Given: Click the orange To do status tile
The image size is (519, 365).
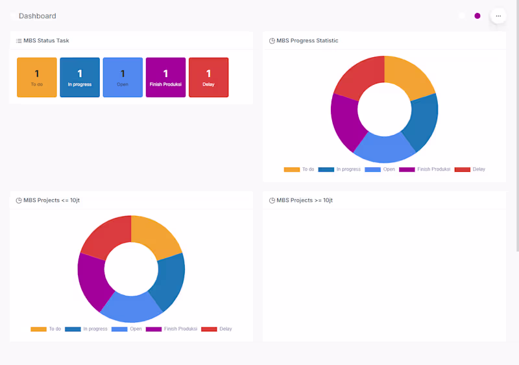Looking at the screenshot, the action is coord(37,77).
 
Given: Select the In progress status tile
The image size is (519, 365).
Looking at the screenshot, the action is coord(80,77).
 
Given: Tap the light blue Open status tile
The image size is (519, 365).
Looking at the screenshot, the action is coord(123,77).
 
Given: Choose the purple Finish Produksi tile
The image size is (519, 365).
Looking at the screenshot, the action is coord(165,77).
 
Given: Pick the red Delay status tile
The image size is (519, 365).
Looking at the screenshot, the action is coord(208,77).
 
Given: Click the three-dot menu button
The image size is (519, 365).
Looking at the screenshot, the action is coord(498,16).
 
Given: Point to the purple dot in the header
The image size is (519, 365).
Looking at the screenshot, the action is coord(477,16).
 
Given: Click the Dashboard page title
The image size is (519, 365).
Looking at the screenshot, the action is coord(38,16).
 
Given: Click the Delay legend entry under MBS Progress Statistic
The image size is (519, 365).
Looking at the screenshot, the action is coord(470,169).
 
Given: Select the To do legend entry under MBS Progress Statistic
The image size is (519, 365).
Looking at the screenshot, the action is coord(299,169).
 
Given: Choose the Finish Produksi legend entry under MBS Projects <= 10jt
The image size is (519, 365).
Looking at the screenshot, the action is coord(171,329).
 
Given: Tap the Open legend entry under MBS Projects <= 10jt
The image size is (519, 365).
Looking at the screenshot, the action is coord(127,329).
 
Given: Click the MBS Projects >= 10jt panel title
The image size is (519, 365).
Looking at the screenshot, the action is coord(304,200).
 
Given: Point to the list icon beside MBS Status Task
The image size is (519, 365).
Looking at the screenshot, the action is coord(19,41).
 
